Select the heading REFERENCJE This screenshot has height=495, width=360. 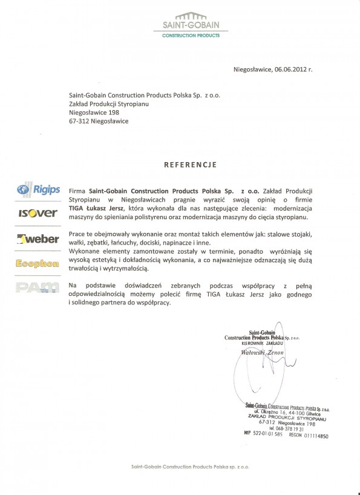191,165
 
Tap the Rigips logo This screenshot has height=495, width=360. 39,190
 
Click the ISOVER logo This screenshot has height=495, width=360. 38,213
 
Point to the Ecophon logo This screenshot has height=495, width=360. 38,263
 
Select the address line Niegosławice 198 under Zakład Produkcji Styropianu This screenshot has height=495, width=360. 94,113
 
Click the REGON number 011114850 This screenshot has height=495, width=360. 316,435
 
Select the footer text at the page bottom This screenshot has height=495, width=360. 190,467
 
